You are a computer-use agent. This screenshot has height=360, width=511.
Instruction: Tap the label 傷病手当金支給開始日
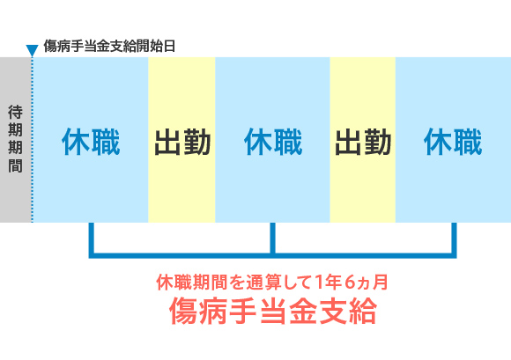coord(109,46)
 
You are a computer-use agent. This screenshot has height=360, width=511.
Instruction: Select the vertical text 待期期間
coord(15,139)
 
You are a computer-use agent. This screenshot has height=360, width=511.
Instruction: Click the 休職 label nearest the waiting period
coord(91,142)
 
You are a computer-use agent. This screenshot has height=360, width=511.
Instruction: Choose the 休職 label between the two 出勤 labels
coord(273,142)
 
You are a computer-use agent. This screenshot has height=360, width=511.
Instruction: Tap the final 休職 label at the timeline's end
coord(453,142)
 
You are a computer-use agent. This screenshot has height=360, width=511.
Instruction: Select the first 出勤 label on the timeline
coord(182,143)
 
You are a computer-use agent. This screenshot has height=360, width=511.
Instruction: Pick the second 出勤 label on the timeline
coord(363,143)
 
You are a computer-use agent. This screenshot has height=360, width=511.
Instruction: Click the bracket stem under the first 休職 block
coord(92,239)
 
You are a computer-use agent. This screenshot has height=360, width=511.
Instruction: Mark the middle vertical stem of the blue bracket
coord(272,239)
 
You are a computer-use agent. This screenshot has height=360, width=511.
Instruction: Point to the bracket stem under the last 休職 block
coord(454,239)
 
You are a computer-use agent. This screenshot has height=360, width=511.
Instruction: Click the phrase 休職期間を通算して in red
coord(234,283)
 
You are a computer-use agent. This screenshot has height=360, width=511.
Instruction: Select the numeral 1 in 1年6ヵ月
coord(319,283)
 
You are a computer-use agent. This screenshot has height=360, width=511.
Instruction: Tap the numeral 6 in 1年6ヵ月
coord(349,283)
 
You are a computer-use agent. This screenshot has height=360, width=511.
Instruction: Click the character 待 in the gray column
coord(15,113)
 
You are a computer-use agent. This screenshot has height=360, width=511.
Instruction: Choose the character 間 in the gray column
coord(15,165)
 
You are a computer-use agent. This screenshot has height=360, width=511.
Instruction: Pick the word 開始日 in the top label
coord(156,46)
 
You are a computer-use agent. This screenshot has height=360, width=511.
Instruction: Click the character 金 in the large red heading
coord(302,311)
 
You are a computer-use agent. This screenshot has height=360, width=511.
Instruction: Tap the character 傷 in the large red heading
coord(184,311)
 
